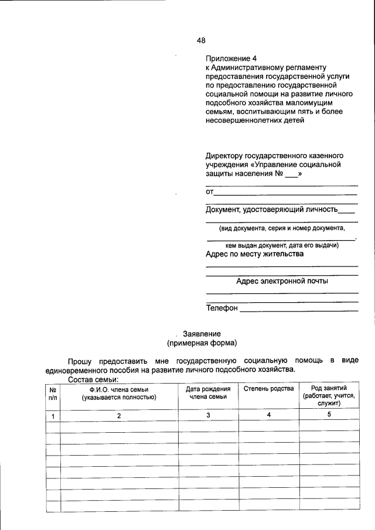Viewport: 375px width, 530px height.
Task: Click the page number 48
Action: point(201,40)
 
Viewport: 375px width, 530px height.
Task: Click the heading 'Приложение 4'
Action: point(231,59)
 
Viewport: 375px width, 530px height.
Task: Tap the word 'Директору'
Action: point(226,156)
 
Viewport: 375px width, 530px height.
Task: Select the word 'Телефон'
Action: point(222,308)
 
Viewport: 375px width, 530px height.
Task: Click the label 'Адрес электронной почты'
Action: point(282,281)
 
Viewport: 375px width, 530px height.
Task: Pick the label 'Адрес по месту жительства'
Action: point(254,254)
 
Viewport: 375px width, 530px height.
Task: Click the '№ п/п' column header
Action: point(53,393)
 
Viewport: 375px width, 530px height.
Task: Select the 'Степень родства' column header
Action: point(268,389)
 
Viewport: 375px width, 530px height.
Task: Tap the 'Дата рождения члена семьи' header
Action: point(208,393)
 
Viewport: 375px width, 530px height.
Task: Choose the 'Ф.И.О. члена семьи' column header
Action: point(119,393)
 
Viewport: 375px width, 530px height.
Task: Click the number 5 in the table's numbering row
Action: point(329,415)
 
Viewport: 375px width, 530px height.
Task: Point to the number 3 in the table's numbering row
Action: point(208,415)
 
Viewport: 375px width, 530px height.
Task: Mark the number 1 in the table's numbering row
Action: point(53,416)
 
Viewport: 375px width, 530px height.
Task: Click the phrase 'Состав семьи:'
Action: point(93,379)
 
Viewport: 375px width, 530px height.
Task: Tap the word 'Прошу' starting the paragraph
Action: point(79,360)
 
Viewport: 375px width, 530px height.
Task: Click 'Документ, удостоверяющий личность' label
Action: point(272,210)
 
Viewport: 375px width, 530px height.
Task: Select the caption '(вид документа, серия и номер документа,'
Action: point(282,228)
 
